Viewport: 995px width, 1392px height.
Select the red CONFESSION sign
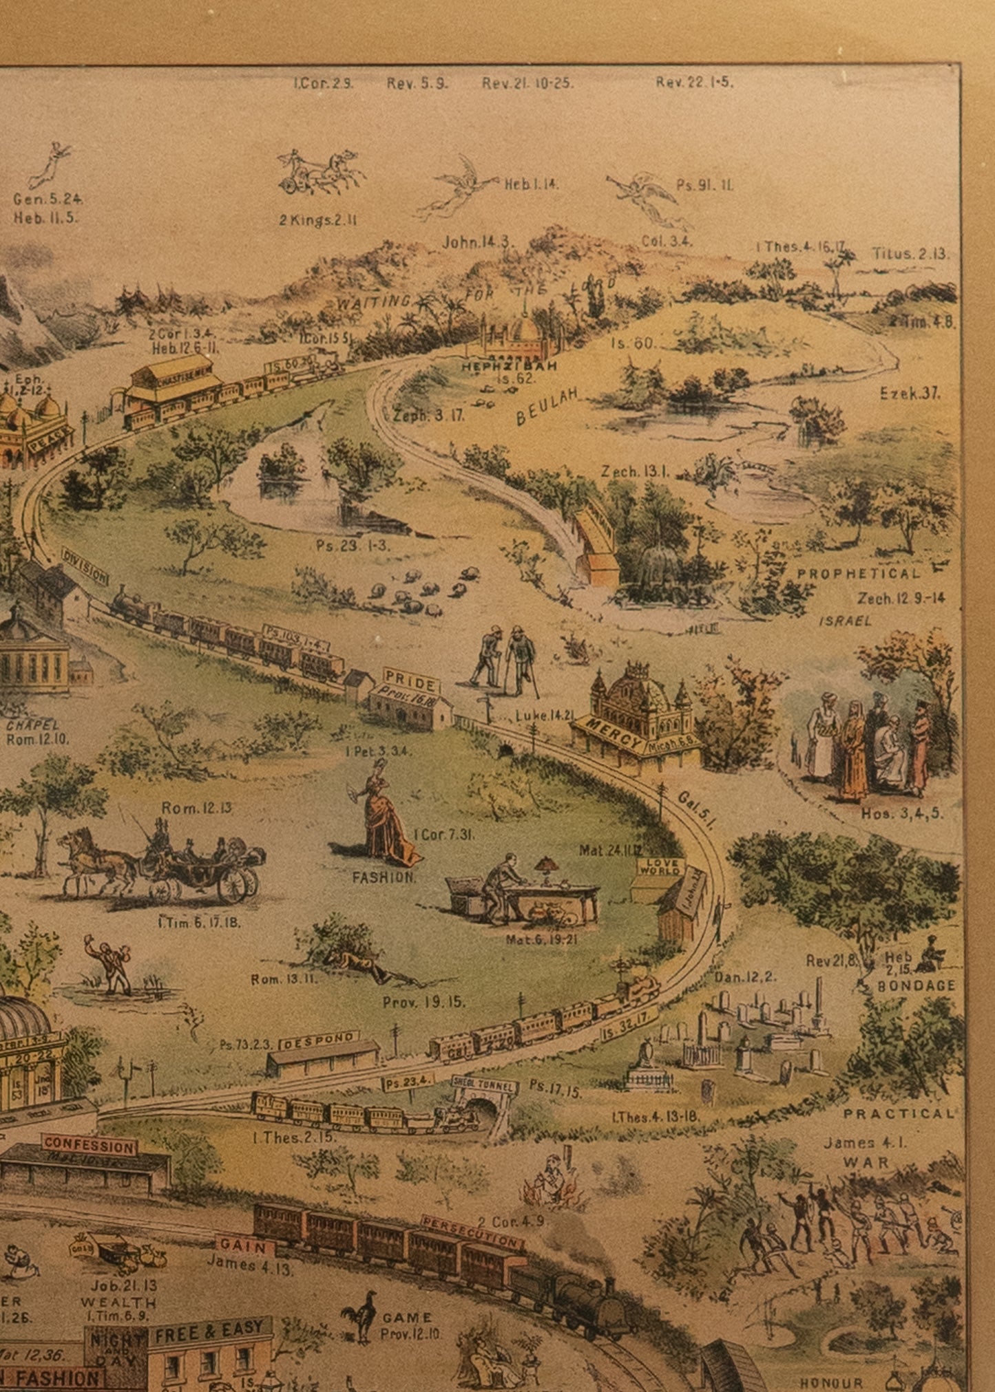tap(89, 1145)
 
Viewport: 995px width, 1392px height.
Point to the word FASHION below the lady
tap(384, 877)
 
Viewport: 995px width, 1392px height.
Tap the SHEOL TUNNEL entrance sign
tap(485, 1084)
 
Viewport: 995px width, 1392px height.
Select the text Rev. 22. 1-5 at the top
tap(693, 83)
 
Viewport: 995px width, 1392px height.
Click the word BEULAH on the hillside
tap(548, 407)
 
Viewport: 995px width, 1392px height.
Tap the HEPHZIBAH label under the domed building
tap(509, 366)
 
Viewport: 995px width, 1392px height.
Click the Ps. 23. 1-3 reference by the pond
tap(353, 545)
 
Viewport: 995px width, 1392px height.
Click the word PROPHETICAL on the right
tap(858, 573)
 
